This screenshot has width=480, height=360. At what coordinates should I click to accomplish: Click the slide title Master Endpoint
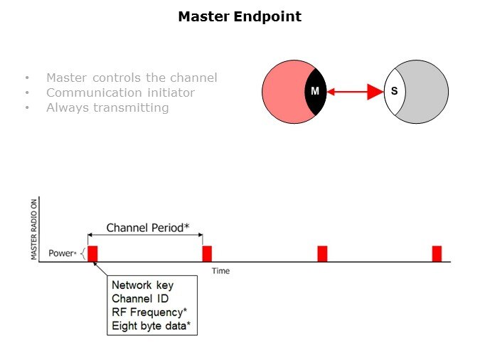point(240,16)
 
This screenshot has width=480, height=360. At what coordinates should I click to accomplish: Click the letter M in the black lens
point(315,92)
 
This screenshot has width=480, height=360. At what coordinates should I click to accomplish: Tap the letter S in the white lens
point(394,92)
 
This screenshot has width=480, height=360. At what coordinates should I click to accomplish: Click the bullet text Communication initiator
point(120,92)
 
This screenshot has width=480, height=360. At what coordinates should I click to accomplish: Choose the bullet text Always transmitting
point(107,108)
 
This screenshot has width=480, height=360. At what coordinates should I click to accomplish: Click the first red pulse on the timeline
point(92,253)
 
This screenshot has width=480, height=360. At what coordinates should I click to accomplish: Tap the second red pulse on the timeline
point(207,253)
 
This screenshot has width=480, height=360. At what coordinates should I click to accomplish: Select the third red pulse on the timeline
point(322,253)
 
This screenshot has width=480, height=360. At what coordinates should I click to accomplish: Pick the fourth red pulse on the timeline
point(437,253)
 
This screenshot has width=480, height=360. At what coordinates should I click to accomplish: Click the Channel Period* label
point(147,228)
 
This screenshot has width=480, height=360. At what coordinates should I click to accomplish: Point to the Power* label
point(62,253)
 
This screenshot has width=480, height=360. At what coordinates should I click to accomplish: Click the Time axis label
point(220,271)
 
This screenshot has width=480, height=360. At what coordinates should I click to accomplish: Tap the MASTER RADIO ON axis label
point(34,228)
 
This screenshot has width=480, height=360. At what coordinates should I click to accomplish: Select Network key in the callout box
point(142,285)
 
